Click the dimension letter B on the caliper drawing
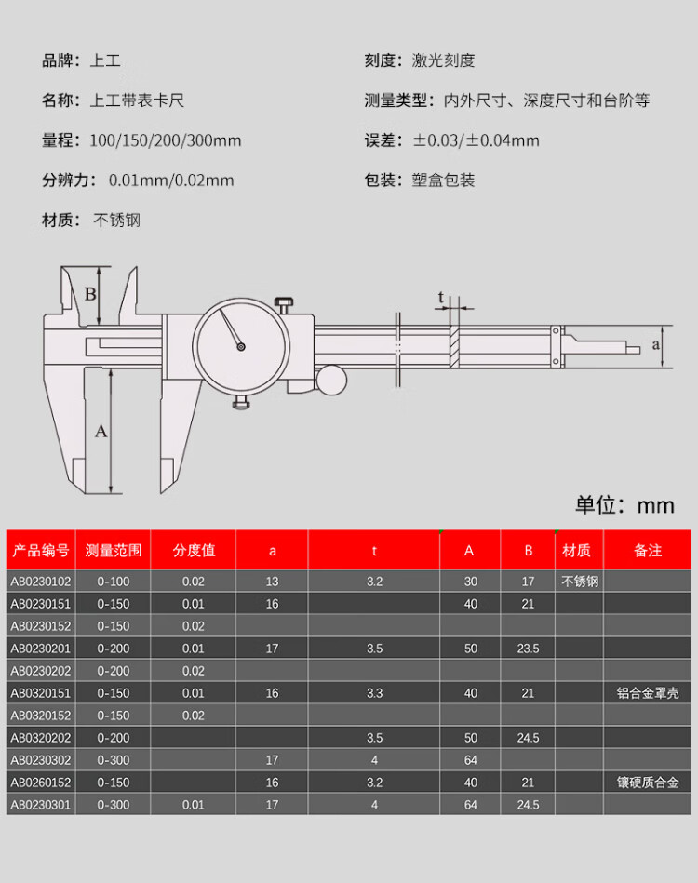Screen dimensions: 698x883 point(90,294)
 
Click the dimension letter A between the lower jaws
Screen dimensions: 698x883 point(101,432)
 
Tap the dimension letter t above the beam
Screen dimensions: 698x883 point(441,297)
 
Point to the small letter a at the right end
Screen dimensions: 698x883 point(656,344)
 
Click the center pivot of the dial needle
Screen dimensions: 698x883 point(240,347)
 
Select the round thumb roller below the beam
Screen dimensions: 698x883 point(331,381)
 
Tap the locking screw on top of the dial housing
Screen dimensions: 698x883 point(284,305)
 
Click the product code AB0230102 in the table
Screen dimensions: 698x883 point(41,582)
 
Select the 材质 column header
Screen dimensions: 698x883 point(576,550)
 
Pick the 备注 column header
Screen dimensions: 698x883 point(648,550)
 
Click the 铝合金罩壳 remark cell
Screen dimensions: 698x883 point(648,692)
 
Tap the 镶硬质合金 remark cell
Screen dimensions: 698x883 point(648,783)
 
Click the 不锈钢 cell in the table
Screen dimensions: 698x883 point(580,582)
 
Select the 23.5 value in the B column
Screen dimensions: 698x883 point(528,649)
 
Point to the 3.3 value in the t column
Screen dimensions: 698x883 point(375,692)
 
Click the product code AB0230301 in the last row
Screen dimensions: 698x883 point(41,805)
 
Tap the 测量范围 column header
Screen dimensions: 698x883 point(114,550)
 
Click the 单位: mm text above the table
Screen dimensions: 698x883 point(624,505)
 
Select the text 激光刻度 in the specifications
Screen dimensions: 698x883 point(443,60)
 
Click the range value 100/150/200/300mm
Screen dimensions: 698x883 point(166,140)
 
